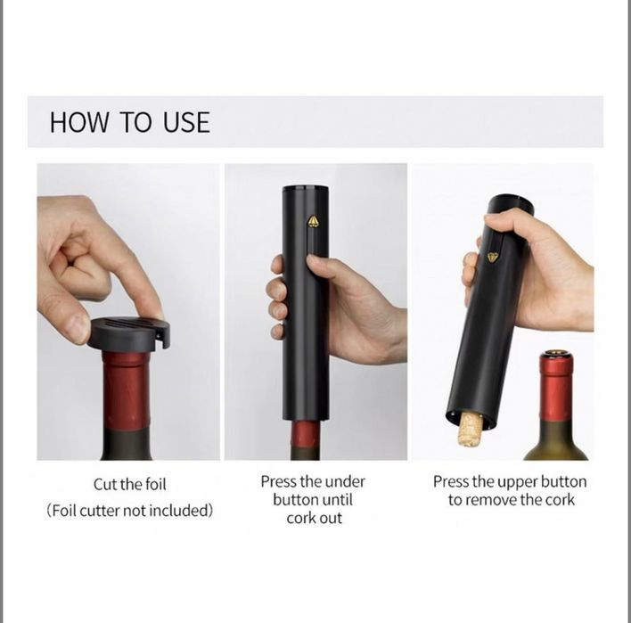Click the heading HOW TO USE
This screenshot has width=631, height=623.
(129, 122)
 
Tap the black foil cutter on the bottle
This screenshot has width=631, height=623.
(129, 332)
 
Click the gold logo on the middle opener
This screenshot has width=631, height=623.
(313, 222)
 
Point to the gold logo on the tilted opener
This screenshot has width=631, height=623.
(493, 257)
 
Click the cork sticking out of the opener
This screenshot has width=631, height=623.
(471, 429)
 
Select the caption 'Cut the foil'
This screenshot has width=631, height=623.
(129, 484)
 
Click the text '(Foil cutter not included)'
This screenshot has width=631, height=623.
(129, 511)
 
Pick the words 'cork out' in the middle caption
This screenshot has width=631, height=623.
(315, 518)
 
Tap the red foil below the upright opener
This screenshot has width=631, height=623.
(306, 435)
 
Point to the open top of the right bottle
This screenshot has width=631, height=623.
(556, 354)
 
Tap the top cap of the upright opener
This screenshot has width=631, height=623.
(306, 188)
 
